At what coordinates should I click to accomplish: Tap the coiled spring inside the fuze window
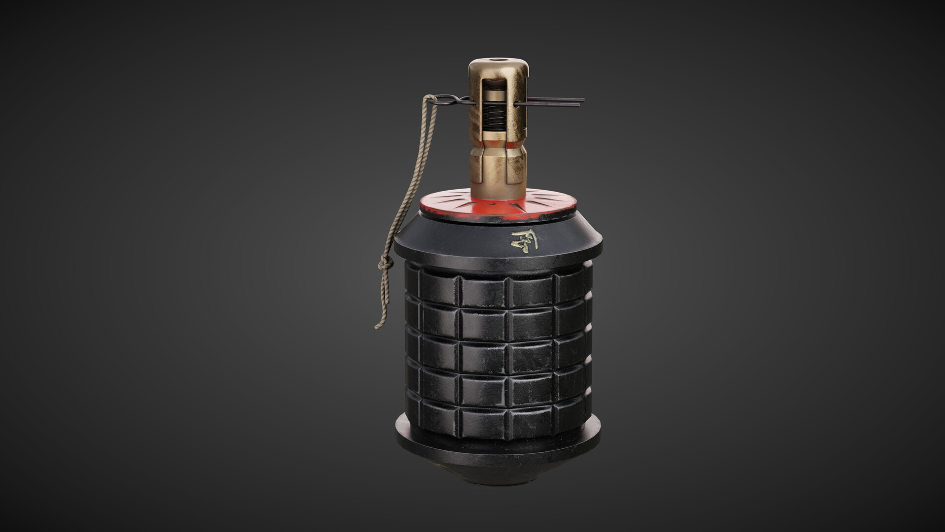[x=494, y=120]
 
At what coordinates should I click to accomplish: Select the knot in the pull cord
[x=386, y=265]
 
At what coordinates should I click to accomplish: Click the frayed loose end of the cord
[x=378, y=326]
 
